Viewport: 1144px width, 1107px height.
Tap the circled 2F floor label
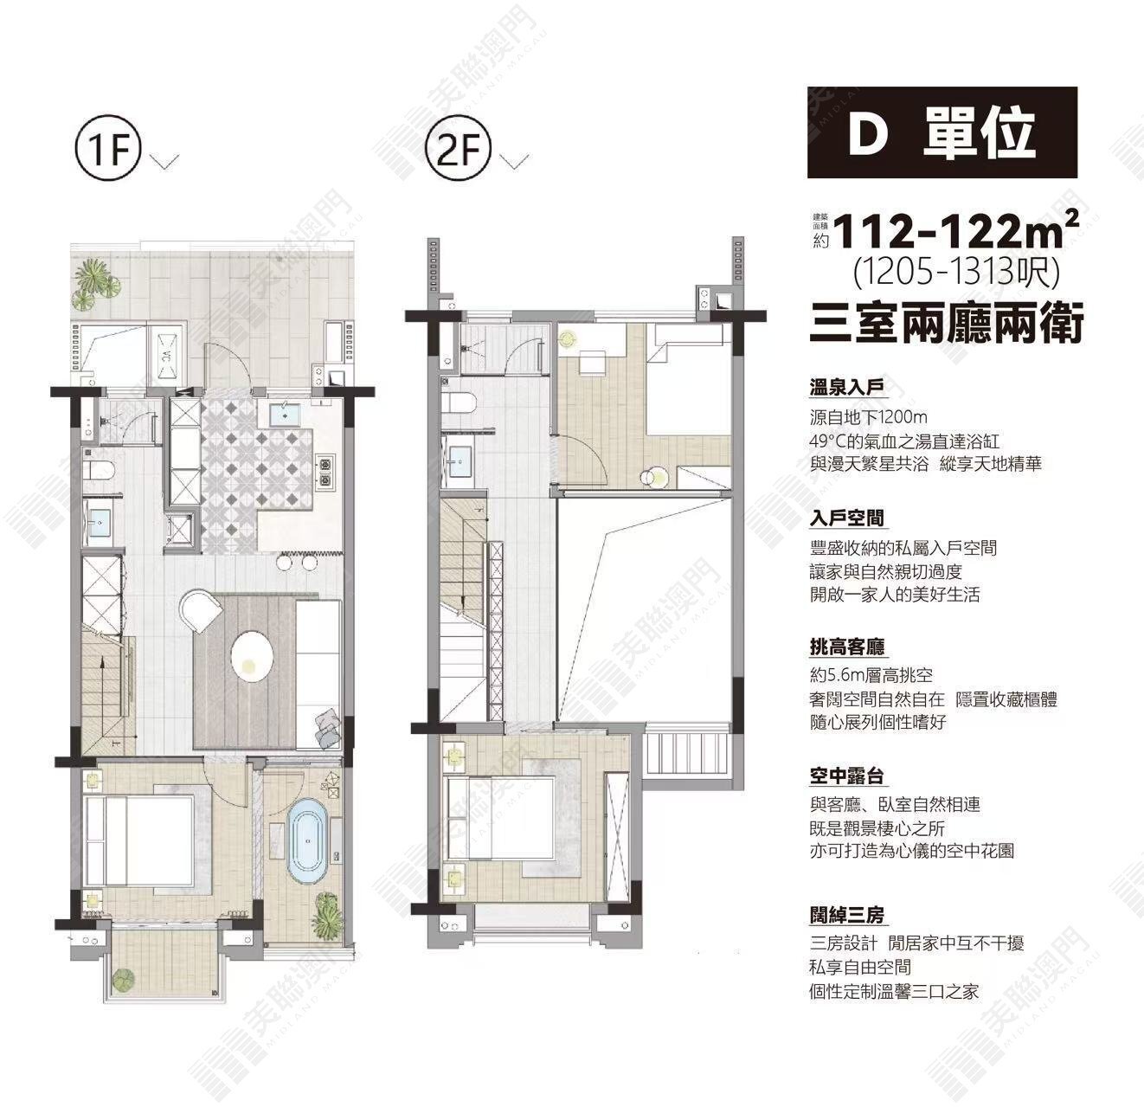(458, 150)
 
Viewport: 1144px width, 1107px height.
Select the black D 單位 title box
(942, 132)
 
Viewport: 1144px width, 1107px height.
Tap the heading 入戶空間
(846, 518)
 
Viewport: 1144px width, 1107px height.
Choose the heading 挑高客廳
(846, 647)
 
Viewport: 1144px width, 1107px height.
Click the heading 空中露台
(846, 776)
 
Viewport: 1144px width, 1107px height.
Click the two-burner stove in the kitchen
(325, 472)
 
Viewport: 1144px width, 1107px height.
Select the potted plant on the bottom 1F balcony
(124, 978)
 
